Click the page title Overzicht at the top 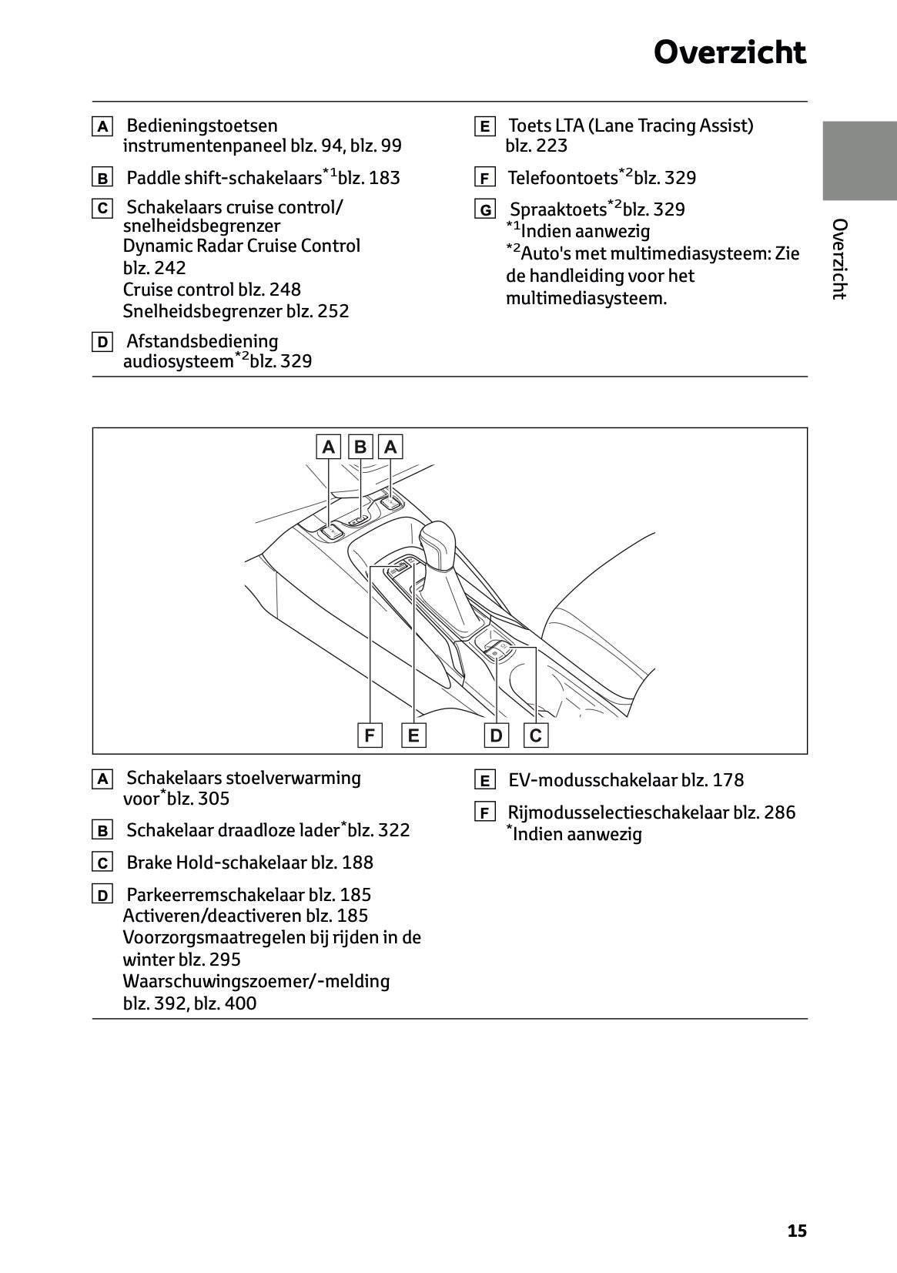[x=729, y=53]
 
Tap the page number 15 [x=797, y=1231]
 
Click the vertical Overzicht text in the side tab [x=839, y=259]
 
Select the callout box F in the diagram [x=370, y=735]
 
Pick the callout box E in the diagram [x=413, y=735]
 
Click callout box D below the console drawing [x=496, y=735]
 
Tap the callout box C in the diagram [x=536, y=735]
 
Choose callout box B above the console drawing [x=360, y=447]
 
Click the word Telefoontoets [x=563, y=179]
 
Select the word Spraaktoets [x=559, y=210]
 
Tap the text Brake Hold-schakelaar [x=216, y=863]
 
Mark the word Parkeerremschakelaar [x=216, y=895]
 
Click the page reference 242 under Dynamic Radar [x=170, y=268]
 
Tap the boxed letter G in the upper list [x=485, y=210]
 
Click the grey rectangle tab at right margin [x=859, y=161]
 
